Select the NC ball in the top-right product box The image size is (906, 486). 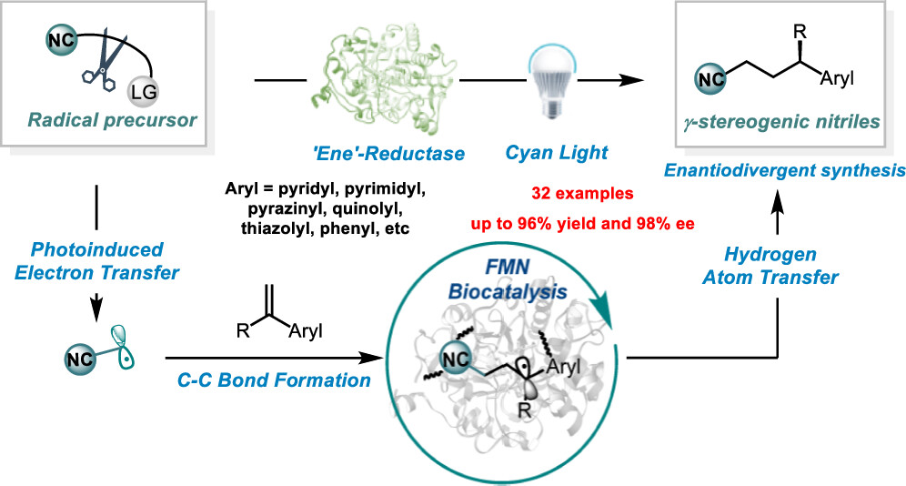(x=710, y=78)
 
